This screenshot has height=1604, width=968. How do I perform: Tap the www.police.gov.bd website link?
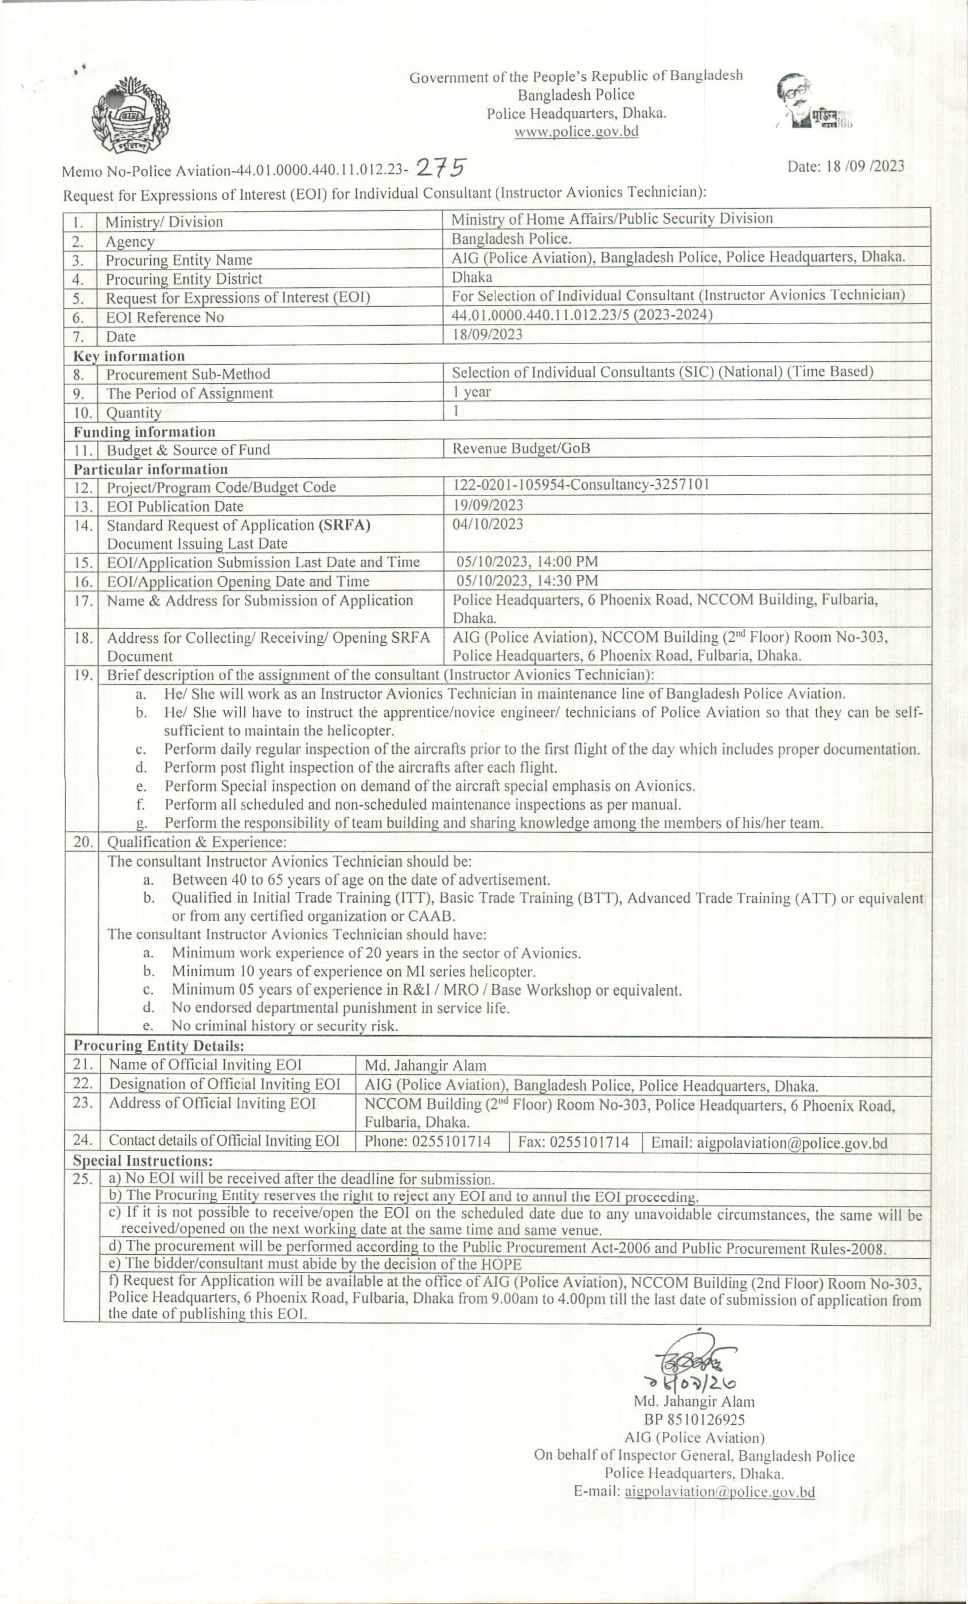click(x=576, y=131)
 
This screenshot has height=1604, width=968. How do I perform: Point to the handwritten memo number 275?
click(x=441, y=168)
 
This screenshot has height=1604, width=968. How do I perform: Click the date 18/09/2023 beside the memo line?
click(x=846, y=166)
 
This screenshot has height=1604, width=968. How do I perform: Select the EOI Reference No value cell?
click(x=582, y=315)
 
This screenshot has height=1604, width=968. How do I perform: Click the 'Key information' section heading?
click(x=129, y=356)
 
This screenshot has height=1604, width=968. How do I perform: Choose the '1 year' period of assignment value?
click(x=471, y=392)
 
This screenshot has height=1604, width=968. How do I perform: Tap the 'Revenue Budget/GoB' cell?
click(x=521, y=448)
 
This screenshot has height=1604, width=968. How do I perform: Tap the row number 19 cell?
click(x=83, y=674)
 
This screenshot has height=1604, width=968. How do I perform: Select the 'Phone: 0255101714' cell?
click(x=428, y=1141)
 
